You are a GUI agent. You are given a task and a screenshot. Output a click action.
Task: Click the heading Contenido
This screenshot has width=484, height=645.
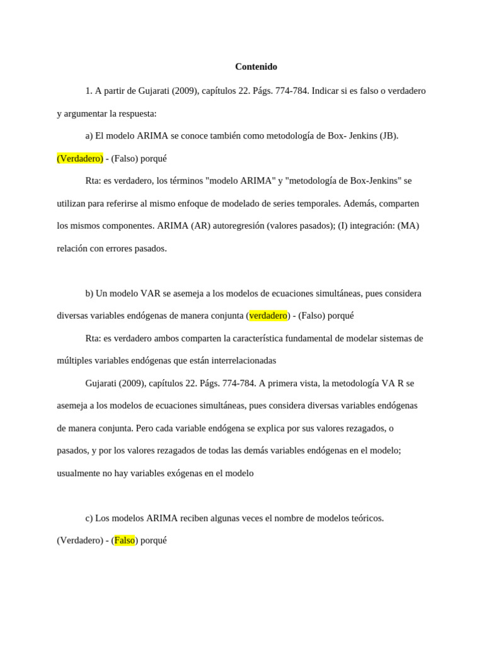tap(256, 67)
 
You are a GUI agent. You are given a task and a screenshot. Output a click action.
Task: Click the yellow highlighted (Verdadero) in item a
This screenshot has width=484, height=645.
tap(80, 159)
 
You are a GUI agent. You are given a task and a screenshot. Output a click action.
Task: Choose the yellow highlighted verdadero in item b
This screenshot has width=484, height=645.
tap(268, 316)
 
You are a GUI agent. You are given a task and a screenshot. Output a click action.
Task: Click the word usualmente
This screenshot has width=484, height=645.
tap(79, 473)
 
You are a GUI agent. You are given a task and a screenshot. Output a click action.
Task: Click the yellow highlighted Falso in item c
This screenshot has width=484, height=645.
tap(124, 540)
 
